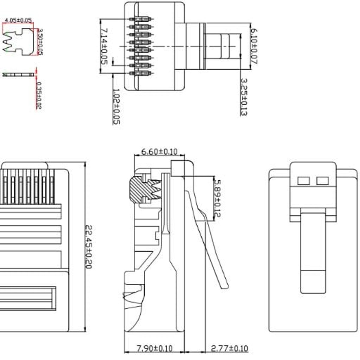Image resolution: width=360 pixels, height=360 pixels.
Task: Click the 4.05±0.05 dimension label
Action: (18, 20)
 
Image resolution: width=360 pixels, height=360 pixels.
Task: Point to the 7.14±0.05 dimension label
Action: (104, 46)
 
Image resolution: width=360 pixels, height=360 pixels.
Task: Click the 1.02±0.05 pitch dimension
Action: (116, 106)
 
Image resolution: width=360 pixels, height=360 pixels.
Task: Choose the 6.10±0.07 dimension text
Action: (253, 46)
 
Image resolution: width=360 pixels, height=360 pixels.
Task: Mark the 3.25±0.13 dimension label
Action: (244, 97)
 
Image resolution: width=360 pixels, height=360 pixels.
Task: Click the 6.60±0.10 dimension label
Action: (159, 152)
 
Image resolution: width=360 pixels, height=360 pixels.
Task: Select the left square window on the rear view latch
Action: (303, 181)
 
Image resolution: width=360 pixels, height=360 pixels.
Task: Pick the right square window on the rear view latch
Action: (322, 181)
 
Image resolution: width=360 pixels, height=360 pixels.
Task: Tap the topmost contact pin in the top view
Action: (141, 19)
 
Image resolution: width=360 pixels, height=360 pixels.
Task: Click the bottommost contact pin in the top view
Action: (141, 73)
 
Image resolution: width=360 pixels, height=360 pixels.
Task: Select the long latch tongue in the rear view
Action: (313, 252)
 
